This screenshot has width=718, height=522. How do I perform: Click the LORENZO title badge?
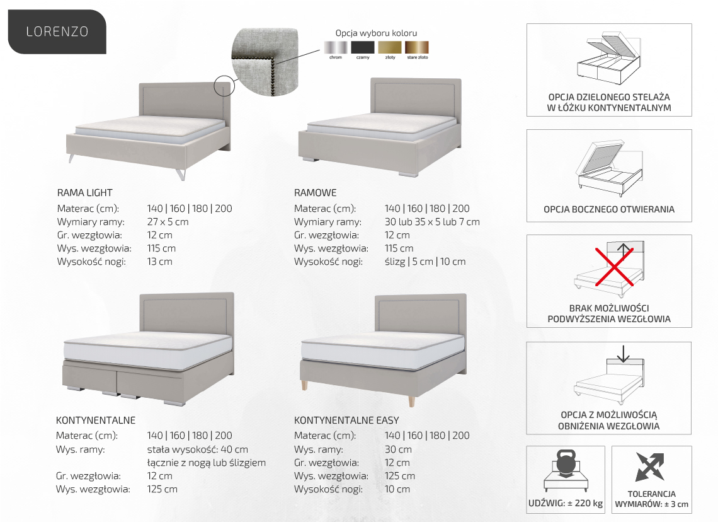point(57,32)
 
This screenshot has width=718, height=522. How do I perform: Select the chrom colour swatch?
point(336,47)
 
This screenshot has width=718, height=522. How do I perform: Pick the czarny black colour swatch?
point(363,47)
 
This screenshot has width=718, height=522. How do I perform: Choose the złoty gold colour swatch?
point(390,47)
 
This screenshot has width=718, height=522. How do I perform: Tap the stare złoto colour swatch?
point(417,47)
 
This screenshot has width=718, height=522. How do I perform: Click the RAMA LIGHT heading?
point(85,193)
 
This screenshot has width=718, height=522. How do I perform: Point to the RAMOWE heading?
point(315,193)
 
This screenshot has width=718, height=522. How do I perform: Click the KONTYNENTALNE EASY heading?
point(346,420)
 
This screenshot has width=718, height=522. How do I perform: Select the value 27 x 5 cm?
point(168,222)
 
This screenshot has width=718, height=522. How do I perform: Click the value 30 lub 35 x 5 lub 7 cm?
point(432,222)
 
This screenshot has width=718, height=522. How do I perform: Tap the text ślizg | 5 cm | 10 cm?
point(425,262)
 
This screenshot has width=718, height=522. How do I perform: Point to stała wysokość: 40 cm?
point(197,449)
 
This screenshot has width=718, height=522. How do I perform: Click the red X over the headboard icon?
point(614,266)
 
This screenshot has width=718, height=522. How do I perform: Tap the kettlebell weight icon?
point(566,464)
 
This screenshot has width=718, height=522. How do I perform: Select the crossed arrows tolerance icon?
point(650,467)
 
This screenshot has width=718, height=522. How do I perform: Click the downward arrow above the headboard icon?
point(624,353)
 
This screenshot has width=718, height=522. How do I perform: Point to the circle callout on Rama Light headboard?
point(224,76)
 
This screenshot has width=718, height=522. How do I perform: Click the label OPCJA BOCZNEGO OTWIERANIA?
point(609,209)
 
